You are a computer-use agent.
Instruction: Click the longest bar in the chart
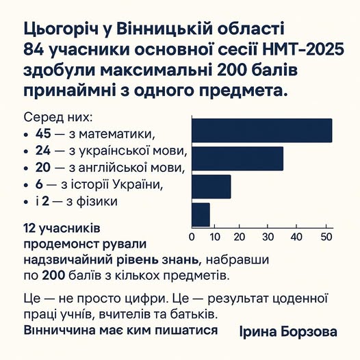[x=261, y=130]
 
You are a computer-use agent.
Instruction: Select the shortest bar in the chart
[x=201, y=214]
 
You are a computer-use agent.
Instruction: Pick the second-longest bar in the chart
[x=237, y=158]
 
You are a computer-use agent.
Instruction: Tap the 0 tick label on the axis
[x=192, y=237]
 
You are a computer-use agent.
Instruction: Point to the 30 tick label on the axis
[x=270, y=237]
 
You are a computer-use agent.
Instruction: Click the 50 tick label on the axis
[x=326, y=237]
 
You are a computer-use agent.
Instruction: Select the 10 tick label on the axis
[x=217, y=237]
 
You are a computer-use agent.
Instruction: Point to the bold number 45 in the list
[x=44, y=133]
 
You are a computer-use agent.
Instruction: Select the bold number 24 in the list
[x=44, y=151]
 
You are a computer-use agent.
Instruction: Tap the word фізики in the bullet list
[x=101, y=201]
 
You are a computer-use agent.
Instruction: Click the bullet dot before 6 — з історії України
[x=27, y=185]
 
